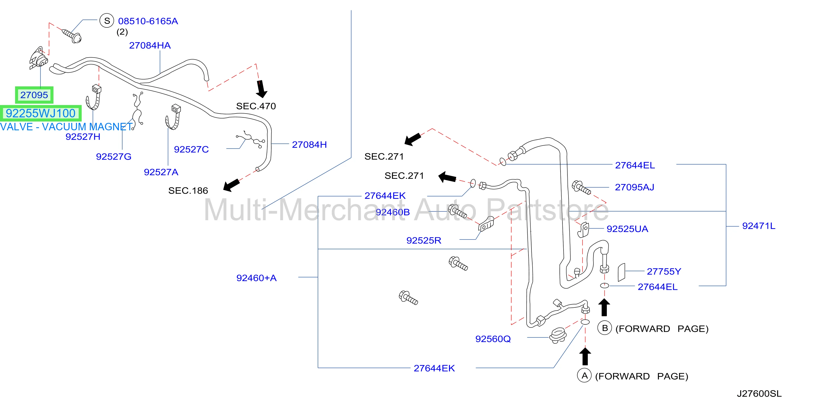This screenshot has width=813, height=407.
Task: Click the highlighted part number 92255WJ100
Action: [41, 113]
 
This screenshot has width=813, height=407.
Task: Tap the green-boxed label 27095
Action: [34, 95]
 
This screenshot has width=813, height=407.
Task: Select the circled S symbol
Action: [107, 21]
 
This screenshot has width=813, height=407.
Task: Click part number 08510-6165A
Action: [148, 21]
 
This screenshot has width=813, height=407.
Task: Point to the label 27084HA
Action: [150, 46]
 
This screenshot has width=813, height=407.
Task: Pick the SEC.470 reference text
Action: [256, 106]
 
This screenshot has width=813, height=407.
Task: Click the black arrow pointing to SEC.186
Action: [231, 185]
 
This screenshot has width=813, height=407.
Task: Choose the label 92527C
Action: [191, 149]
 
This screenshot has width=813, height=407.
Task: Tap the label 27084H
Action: [309, 145]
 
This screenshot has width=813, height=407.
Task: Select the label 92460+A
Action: [257, 278]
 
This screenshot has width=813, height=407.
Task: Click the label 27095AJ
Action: [634, 187]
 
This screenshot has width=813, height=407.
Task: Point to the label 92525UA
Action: [627, 229]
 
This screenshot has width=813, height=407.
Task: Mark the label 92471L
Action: [758, 226]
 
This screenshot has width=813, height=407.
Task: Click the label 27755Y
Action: [664, 271]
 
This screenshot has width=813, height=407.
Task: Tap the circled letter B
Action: [605, 328]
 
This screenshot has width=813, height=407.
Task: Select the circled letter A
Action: [584, 375]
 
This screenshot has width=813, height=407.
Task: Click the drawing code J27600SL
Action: [759, 394]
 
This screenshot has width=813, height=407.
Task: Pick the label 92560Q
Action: [493, 339]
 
